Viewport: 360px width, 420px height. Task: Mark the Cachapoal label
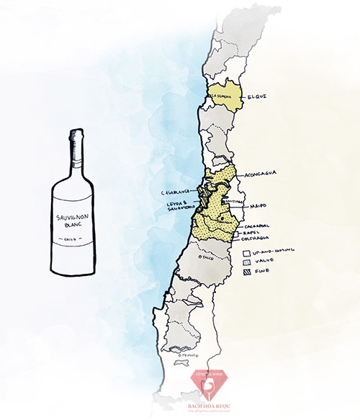264,225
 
